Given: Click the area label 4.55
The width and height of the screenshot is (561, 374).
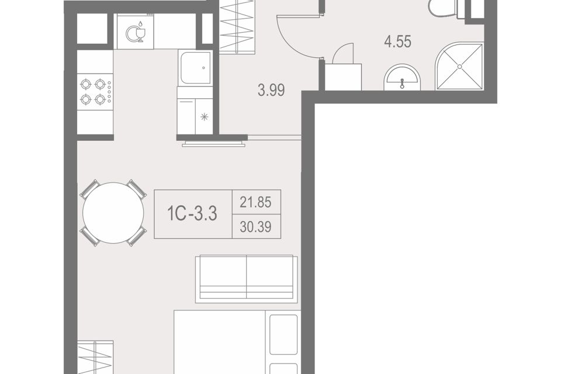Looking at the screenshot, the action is pyautogui.click(x=397, y=41).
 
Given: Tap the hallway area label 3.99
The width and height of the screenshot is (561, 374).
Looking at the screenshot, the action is pyautogui.click(x=271, y=90).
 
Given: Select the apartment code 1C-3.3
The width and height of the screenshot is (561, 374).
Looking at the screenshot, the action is pyautogui.click(x=192, y=214).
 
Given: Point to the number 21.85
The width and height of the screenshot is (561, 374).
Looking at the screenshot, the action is pyautogui.click(x=255, y=203).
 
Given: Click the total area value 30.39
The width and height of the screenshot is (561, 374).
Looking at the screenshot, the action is pyautogui.click(x=255, y=227).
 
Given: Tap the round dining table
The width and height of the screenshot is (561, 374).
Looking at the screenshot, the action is pyautogui.click(x=113, y=213).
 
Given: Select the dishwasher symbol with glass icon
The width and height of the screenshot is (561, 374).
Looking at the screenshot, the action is pyautogui.click(x=135, y=32).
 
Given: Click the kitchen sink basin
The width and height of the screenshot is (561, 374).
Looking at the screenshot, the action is pyautogui.click(x=195, y=68).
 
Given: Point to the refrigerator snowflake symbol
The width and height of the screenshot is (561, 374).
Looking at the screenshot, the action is pyautogui.click(x=205, y=117).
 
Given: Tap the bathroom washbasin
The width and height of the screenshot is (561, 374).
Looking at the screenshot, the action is pyautogui.click(x=402, y=77).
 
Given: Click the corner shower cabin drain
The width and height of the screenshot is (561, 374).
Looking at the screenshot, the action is pyautogui.click(x=460, y=67).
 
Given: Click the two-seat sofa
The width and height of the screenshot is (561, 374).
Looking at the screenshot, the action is pyautogui.click(x=247, y=279).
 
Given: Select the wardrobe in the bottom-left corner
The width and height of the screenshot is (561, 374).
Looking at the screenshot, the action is pyautogui.click(x=95, y=357).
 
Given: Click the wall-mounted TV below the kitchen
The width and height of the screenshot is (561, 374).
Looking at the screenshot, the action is pyautogui.click(x=214, y=144).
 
